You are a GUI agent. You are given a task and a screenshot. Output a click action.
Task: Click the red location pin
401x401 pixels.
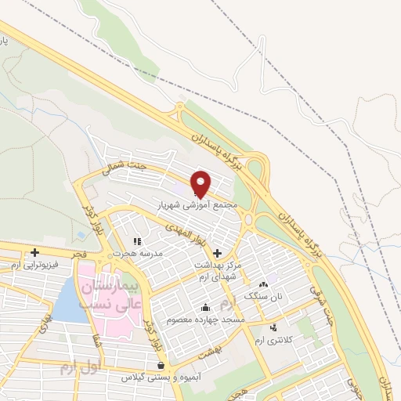[x=201, y=183]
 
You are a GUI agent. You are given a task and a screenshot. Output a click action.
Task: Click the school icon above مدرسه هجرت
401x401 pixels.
[x=137, y=241]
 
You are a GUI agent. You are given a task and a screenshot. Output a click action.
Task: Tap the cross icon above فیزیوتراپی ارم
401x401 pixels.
[x=34, y=252]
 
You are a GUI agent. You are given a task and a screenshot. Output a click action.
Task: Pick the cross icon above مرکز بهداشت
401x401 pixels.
[x=217, y=255]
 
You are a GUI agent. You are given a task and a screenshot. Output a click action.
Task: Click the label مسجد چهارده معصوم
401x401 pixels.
[x=205, y=320]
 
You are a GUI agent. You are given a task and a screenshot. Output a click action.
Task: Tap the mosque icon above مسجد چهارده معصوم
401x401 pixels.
[x=205, y=308]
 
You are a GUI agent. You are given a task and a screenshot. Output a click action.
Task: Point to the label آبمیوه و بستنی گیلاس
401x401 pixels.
[x=161, y=377]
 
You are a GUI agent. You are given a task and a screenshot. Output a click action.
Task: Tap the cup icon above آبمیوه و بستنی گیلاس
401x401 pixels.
[x=161, y=365]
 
